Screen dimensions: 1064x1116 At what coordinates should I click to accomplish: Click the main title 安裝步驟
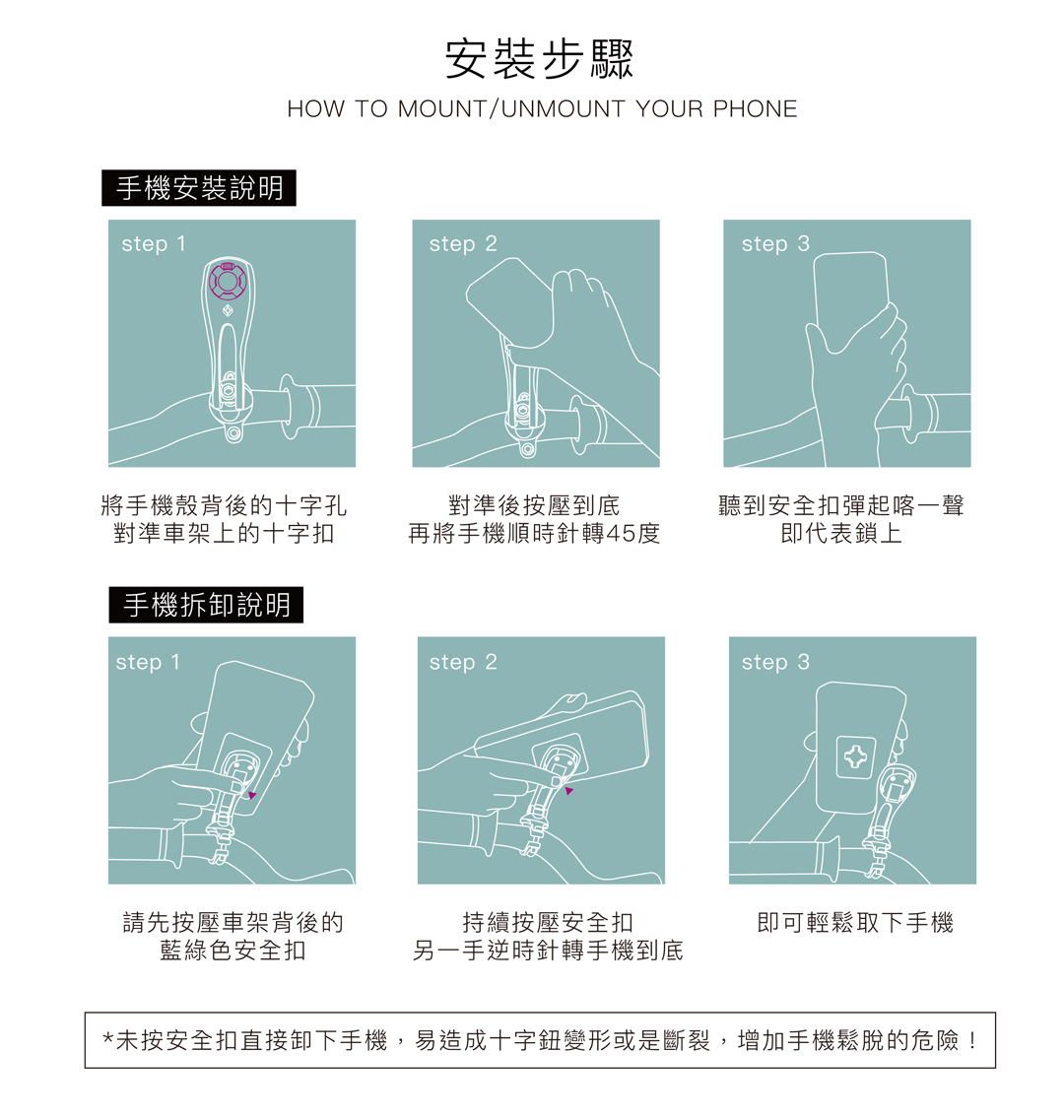(539, 58)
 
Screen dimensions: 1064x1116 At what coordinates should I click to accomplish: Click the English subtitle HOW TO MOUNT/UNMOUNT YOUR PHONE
(542, 109)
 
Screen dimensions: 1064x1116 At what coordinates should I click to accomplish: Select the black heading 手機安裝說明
(199, 188)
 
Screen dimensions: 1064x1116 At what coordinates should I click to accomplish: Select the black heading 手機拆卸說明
(206, 605)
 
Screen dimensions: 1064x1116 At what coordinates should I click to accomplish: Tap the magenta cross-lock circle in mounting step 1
(228, 281)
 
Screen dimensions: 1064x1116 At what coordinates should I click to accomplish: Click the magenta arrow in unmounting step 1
(252, 795)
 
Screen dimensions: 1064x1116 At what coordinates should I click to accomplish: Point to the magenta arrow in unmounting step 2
(568, 791)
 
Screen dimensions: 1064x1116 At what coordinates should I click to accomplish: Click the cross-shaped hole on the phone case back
(855, 756)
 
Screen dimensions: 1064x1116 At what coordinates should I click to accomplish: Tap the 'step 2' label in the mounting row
(463, 244)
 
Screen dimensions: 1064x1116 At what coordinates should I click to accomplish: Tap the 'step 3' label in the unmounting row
(775, 663)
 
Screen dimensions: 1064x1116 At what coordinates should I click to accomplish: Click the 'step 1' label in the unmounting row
(148, 663)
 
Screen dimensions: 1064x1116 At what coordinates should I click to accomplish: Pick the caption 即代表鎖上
(841, 533)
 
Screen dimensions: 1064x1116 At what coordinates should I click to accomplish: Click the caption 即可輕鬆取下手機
(855, 922)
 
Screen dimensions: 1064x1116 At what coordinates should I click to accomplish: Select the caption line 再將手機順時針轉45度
(534, 533)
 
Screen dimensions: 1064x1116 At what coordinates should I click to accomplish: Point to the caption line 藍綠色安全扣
(233, 951)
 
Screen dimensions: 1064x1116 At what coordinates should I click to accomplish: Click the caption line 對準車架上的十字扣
(224, 533)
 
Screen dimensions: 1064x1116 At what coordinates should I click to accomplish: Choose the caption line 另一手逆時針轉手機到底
(548, 951)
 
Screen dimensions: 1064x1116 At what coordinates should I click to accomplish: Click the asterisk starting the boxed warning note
(107, 1038)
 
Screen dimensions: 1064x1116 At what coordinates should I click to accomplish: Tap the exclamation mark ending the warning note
(972, 1040)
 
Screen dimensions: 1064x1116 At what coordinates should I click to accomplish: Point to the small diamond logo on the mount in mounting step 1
(228, 311)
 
